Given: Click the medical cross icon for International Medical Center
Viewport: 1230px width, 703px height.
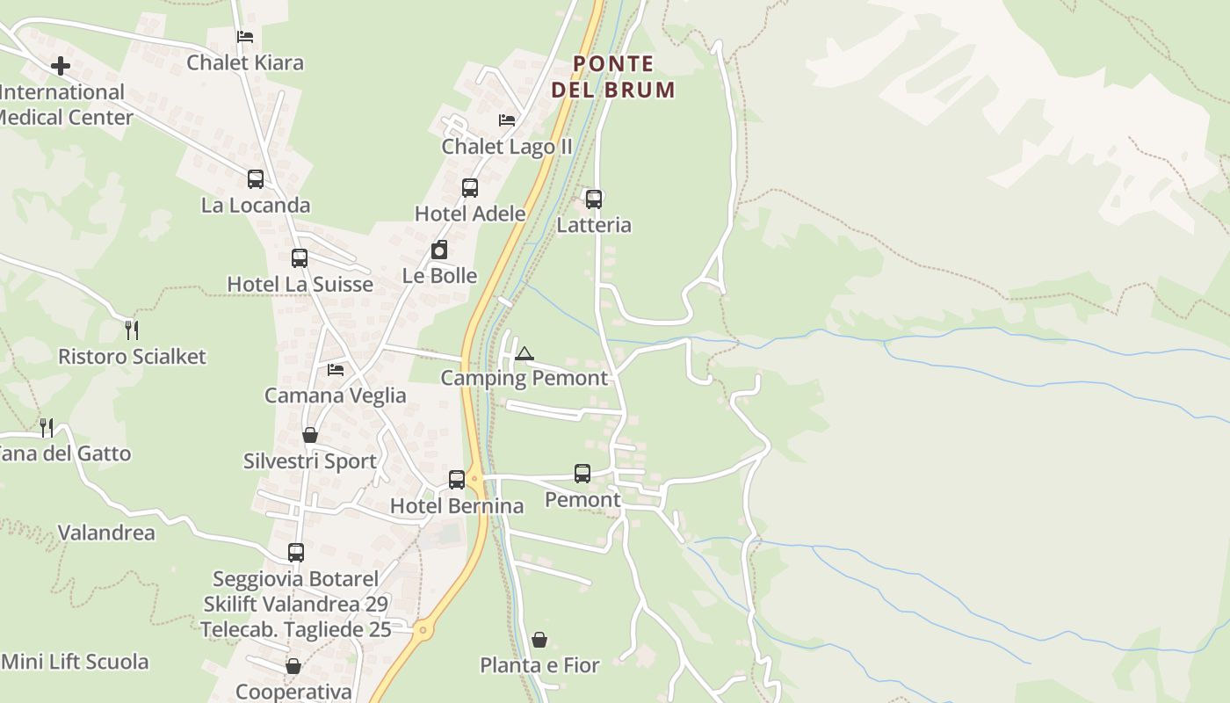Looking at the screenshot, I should pyautogui.click(x=61, y=66).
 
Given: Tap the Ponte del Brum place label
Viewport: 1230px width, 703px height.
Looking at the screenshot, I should pyautogui.click(x=613, y=76).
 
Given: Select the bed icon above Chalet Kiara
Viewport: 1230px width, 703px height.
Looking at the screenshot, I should pyautogui.click(x=245, y=37).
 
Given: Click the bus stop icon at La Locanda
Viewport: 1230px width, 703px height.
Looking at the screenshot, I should pyautogui.click(x=256, y=179).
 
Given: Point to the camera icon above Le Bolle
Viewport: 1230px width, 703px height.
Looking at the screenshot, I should pyautogui.click(x=439, y=250).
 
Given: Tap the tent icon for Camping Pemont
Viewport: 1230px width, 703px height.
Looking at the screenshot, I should pyautogui.click(x=525, y=354).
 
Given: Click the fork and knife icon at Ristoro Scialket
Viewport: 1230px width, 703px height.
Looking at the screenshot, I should pyautogui.click(x=132, y=330).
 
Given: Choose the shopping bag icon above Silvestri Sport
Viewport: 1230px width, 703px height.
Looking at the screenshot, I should pyautogui.click(x=310, y=435).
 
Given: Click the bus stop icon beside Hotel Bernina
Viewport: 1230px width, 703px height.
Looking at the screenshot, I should pyautogui.click(x=457, y=480).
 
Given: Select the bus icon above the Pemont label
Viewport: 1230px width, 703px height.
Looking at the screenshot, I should pyautogui.click(x=582, y=474).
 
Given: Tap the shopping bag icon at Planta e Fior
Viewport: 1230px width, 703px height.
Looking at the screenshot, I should pyautogui.click(x=539, y=640).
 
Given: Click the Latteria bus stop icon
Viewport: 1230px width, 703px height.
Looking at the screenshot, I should pyautogui.click(x=594, y=199).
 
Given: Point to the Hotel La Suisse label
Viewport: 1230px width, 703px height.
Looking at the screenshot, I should pyautogui.click(x=300, y=285).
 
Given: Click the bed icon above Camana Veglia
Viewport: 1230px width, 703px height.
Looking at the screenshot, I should pyautogui.click(x=336, y=370).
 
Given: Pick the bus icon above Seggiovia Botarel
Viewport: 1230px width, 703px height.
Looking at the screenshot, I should pyautogui.click(x=296, y=553).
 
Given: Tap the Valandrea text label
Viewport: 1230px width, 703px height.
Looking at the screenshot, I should pyautogui.click(x=106, y=533).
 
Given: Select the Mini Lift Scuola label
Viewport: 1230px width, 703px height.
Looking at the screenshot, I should pyautogui.click(x=76, y=662).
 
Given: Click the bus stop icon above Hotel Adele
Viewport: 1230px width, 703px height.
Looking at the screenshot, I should pyautogui.click(x=470, y=188).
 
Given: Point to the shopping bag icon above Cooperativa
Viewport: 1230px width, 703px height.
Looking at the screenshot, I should pyautogui.click(x=293, y=667).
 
